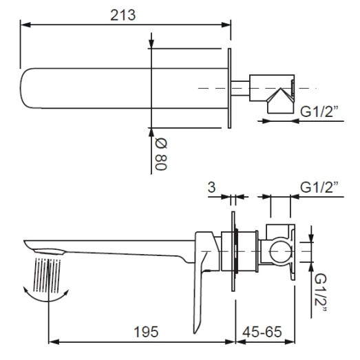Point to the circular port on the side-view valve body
279,253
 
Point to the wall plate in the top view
228,87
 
